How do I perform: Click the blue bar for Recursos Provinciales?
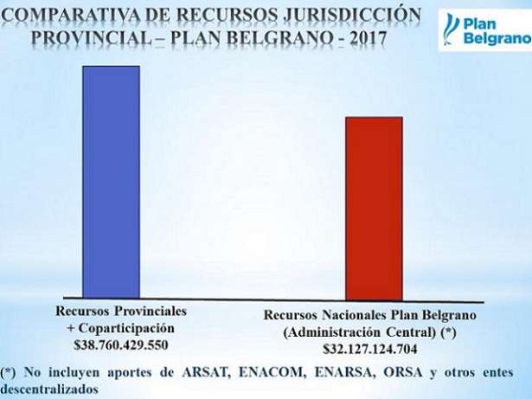coord(111,181)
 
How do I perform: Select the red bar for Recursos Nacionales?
coord(374,208)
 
